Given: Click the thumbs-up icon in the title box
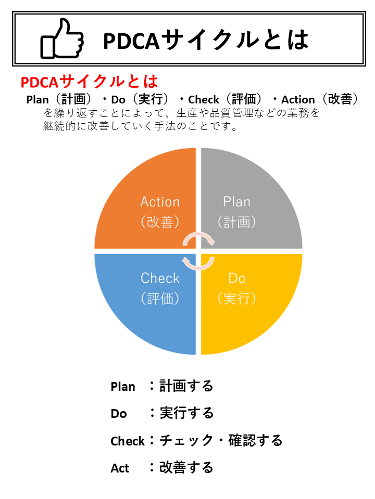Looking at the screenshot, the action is [62, 39].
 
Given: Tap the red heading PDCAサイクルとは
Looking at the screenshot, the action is [89, 82].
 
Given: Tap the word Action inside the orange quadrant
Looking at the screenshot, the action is [160, 202].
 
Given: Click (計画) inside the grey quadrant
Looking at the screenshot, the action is [236, 222].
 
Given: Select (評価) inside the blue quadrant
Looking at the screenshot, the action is [160, 298].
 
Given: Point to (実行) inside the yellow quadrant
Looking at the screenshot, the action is [236, 298].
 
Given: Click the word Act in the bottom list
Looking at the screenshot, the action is [120, 468].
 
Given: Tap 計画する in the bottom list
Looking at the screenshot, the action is [186, 386].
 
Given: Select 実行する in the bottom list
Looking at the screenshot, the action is [186, 413].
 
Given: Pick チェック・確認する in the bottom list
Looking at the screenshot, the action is [221, 440].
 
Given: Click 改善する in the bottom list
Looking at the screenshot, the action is [186, 467].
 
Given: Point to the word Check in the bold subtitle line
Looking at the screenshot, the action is [204, 100].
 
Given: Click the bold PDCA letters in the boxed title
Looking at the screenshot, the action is [131, 41].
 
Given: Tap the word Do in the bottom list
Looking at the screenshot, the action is [119, 414].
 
